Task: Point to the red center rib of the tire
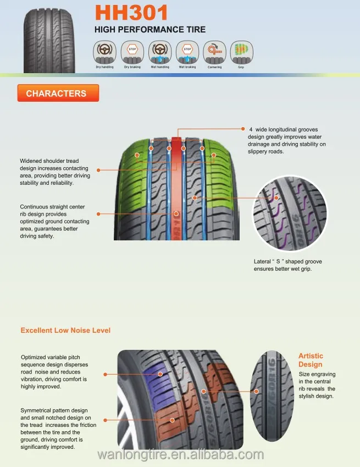[176, 187]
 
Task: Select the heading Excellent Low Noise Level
[65, 330]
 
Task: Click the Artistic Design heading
[311, 360]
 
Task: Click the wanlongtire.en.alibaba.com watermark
[181, 455]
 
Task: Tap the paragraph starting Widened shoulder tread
[55, 172]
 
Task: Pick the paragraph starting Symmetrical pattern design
[56, 428]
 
